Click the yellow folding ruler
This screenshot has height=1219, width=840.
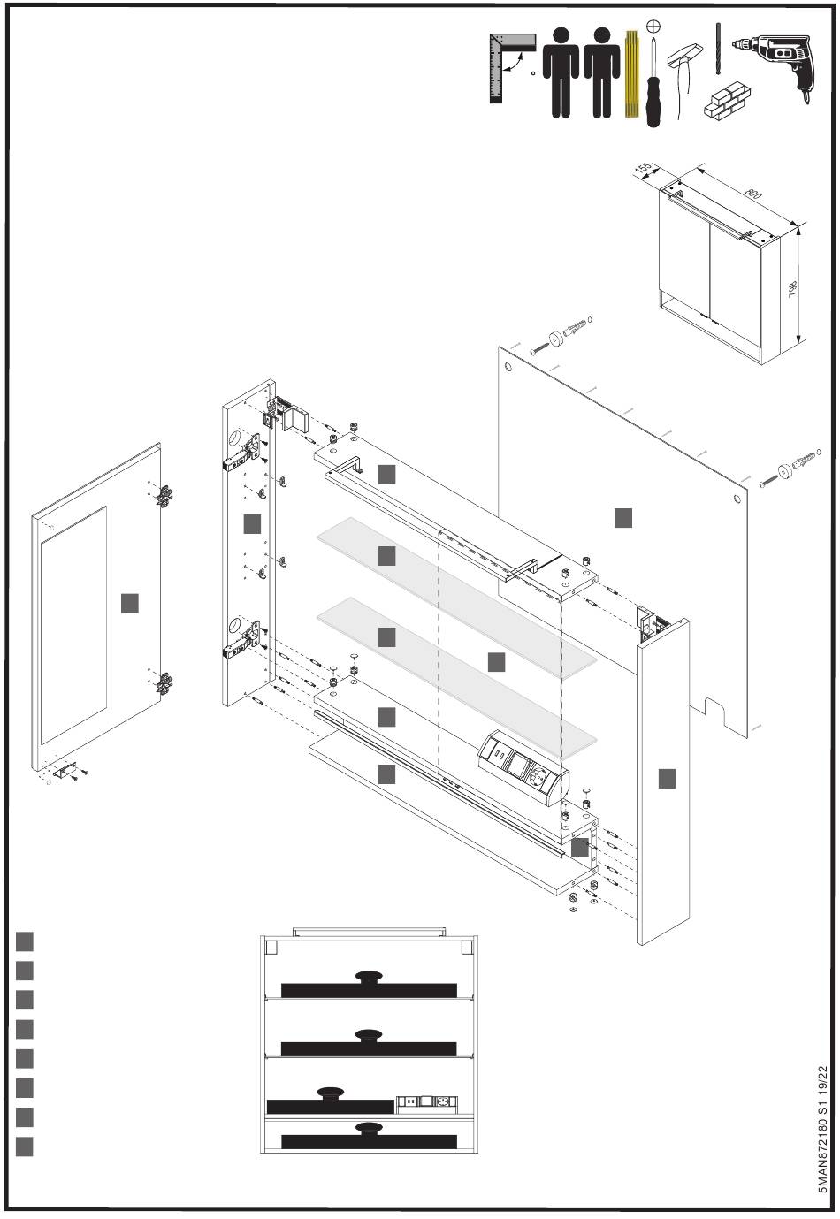coord(632,74)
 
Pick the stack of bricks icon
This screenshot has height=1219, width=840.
coord(728,102)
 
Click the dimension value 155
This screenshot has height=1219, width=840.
coord(645,169)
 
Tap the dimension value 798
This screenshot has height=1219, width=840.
coord(793,289)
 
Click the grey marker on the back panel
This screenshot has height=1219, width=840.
coord(623,518)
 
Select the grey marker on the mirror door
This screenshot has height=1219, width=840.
coord(130,604)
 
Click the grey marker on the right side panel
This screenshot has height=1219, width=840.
coord(667,779)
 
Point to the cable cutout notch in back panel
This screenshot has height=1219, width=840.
coord(717,712)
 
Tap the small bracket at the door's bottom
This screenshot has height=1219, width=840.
coord(65,769)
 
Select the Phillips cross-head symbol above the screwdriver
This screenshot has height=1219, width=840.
coord(653,26)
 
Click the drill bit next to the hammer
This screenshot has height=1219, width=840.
coord(718,49)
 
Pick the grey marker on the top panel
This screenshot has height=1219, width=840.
coord(386,475)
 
